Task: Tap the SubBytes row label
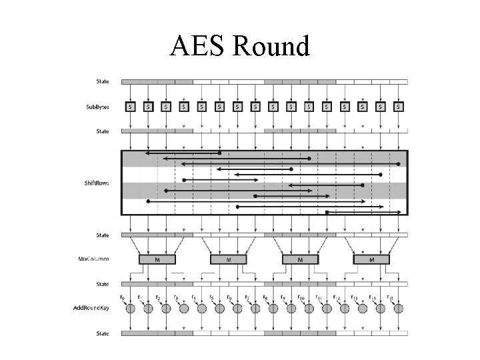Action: pyautogui.click(x=98, y=107)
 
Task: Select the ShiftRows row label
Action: pyautogui.click(x=97, y=183)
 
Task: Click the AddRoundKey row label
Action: pyautogui.click(x=92, y=308)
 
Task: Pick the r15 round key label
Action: pyautogui.click(x=391, y=297)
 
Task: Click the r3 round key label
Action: pyautogui.click(x=175, y=297)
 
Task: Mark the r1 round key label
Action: pyautogui.click(x=139, y=297)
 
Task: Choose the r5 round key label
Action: pyautogui.click(x=211, y=297)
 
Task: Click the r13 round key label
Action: pyautogui.click(x=355, y=297)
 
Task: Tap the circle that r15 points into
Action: pyautogui.click(x=399, y=309)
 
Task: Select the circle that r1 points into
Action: pyautogui.click(x=148, y=309)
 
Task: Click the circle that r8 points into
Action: pyautogui.click(x=273, y=309)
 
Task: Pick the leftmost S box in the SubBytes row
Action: pyautogui.click(x=130, y=106)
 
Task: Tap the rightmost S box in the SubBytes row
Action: pyautogui.click(x=399, y=106)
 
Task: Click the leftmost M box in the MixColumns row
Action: pyautogui.click(x=157, y=259)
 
